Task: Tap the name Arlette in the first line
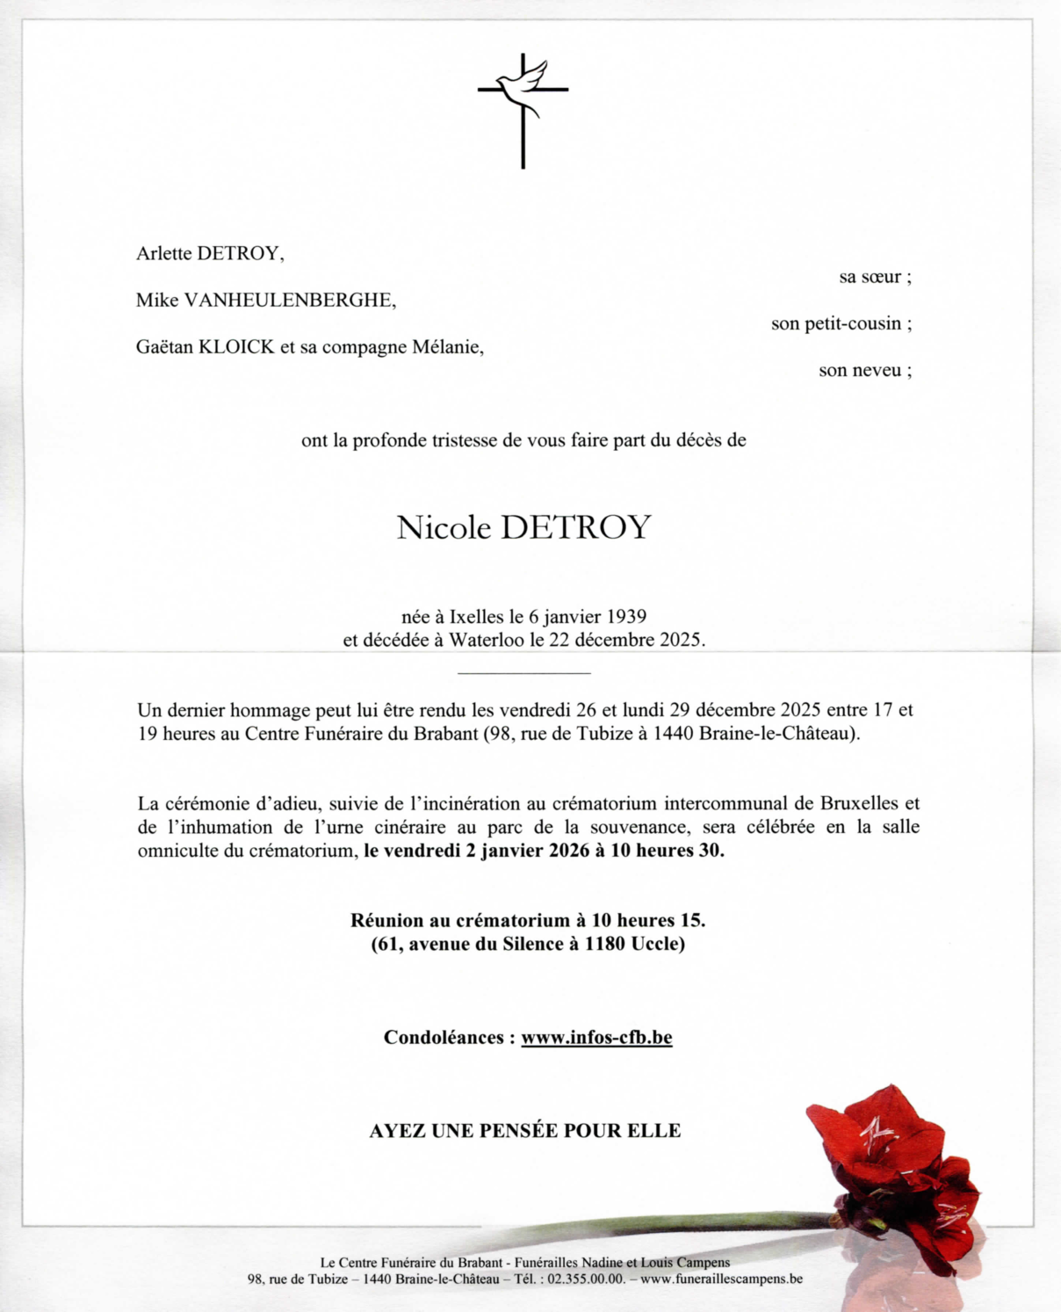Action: coord(163,254)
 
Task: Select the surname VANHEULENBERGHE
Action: coord(289,301)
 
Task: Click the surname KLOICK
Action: coord(237,347)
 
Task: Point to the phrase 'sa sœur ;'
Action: coord(875,277)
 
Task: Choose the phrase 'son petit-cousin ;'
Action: coord(841,323)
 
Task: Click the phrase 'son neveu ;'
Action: coord(864,370)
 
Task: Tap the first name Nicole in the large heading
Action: coord(444,527)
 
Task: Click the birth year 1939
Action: coord(626,617)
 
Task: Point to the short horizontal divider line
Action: coord(524,673)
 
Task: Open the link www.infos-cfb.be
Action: coord(596,1038)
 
